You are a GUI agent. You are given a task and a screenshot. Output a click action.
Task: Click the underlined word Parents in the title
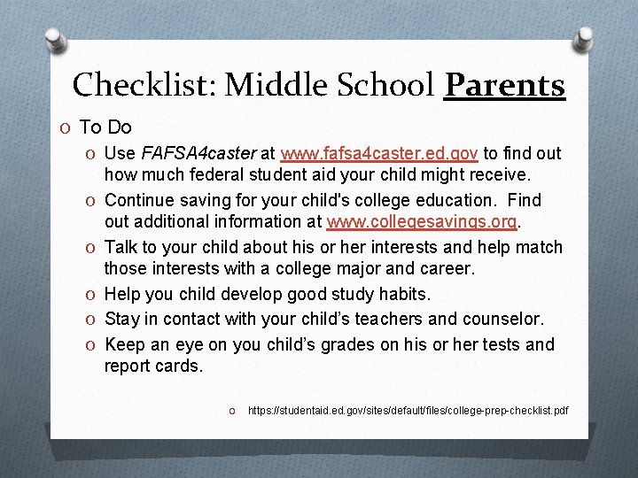(504, 85)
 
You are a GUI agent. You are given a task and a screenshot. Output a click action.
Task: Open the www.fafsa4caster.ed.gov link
(378, 154)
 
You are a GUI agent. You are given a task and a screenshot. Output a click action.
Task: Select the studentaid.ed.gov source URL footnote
(408, 411)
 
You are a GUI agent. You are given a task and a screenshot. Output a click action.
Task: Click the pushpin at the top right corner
(584, 40)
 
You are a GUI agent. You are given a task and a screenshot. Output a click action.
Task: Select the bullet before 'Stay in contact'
(92, 320)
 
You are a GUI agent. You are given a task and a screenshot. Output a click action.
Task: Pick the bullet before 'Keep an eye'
(92, 344)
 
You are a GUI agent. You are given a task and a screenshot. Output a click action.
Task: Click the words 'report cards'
(152, 366)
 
